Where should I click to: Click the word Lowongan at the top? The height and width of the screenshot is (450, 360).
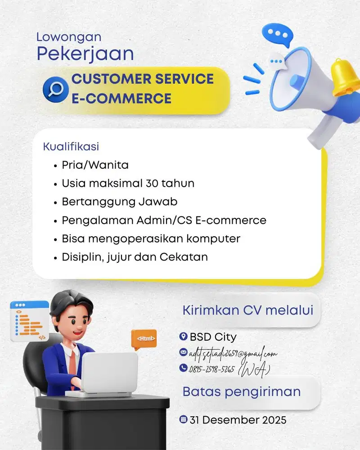click(69, 37)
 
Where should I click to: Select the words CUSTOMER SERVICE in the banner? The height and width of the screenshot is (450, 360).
click(143, 79)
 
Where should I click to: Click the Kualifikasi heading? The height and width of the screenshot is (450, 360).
click(71, 147)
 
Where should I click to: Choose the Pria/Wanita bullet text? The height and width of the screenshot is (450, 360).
click(95, 165)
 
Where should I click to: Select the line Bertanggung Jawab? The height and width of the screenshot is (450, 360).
click(119, 202)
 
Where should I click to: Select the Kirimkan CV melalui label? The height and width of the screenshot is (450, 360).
click(247, 310)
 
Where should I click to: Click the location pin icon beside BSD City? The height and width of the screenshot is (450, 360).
click(183, 337)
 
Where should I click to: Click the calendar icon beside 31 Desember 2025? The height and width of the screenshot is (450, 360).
click(183, 420)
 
